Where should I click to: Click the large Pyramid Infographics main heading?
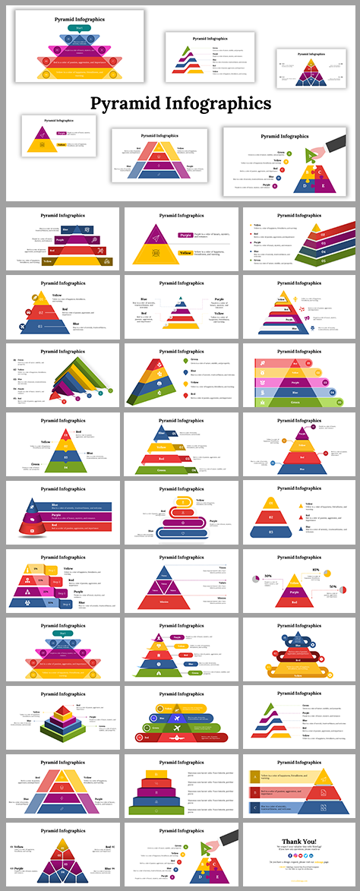(180, 103)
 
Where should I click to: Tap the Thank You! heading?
(299, 840)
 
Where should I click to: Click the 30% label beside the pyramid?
(268, 576)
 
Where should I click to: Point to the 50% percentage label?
(332, 586)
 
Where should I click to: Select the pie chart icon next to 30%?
(257, 581)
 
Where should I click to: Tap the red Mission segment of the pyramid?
(165, 601)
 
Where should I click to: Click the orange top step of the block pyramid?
(159, 775)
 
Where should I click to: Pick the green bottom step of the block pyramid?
(159, 809)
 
